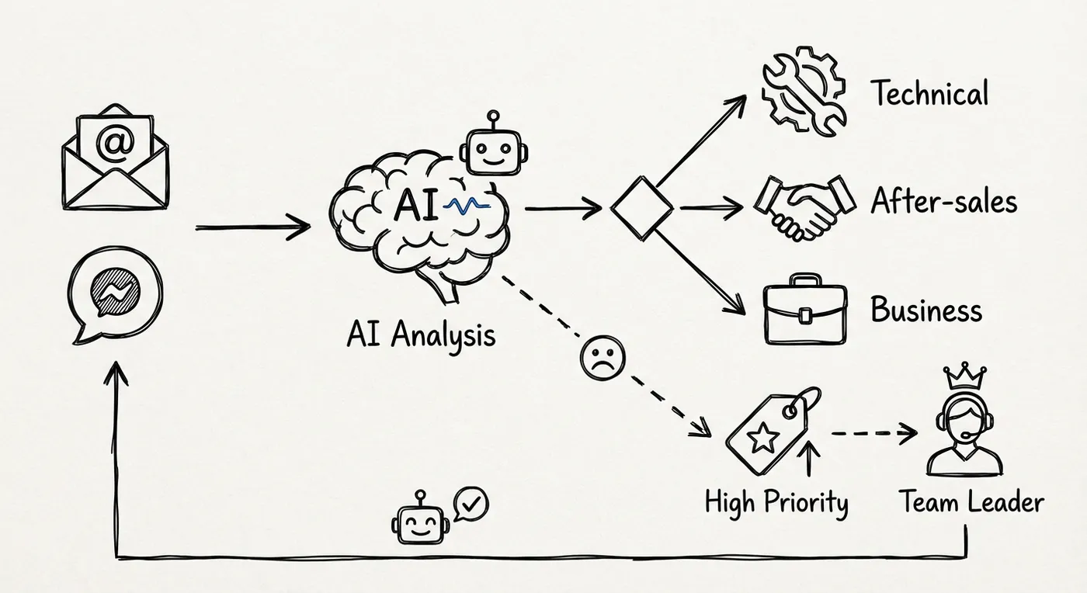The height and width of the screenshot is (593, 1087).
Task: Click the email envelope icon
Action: [115, 160]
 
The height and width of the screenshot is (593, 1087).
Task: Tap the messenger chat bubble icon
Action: [116, 296]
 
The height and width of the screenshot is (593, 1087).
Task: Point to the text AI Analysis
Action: [421, 335]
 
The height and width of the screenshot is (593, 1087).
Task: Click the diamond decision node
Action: [642, 207]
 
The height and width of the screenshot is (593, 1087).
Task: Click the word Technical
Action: [929, 94]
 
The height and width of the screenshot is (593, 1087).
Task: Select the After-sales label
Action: [943, 203]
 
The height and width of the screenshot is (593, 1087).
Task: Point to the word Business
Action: [926, 310]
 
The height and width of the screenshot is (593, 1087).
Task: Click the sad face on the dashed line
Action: [603, 359]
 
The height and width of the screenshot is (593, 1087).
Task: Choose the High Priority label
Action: [776, 503]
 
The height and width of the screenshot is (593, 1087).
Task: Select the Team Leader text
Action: [971, 502]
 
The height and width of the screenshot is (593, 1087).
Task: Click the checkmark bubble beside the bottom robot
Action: [472, 504]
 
